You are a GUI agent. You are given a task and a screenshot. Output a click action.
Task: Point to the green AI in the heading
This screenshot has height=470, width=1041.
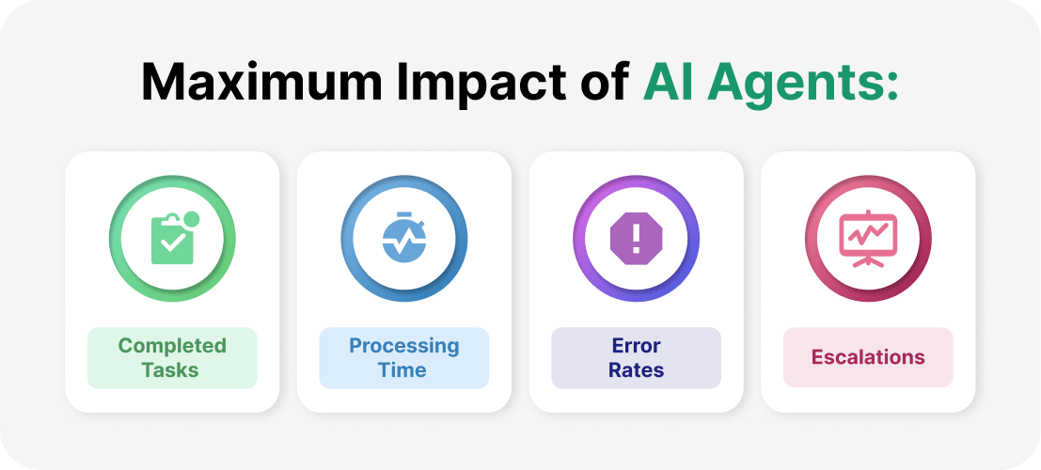click(x=667, y=84)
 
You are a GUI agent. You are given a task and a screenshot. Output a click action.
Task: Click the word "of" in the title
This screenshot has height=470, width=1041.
click(x=604, y=84)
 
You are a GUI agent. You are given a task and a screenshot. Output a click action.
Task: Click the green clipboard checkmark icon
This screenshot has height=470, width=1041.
click(x=172, y=239)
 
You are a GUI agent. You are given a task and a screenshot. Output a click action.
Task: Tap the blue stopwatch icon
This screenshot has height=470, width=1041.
click(x=404, y=239)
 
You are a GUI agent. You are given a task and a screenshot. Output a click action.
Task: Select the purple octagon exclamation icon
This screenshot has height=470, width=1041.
click(x=637, y=239)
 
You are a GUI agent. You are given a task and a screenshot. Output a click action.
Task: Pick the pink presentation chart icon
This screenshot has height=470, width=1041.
click(x=868, y=239)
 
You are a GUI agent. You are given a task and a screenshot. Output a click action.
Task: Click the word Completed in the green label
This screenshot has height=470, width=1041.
click(x=172, y=346)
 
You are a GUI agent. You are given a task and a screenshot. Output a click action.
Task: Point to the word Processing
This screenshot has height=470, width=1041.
click(x=404, y=346)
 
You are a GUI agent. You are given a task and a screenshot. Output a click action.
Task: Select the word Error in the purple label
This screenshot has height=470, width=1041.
click(x=636, y=346)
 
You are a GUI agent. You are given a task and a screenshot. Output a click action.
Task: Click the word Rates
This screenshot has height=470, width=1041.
click(x=636, y=369)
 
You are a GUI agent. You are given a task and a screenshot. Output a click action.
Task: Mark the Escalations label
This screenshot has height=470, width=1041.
click(x=868, y=357)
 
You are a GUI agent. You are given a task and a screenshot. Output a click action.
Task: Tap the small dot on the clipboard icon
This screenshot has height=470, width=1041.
click(x=192, y=220)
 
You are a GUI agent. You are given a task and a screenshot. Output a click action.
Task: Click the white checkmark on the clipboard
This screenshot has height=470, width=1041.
click(x=170, y=243)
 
